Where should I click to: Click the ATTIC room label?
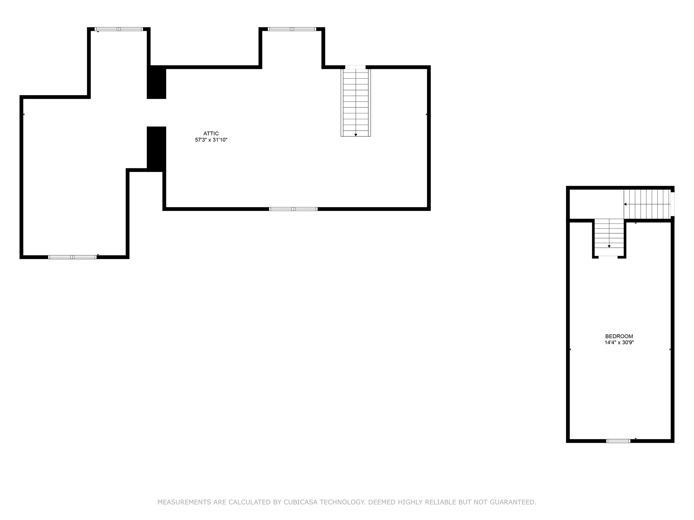tap(211, 133)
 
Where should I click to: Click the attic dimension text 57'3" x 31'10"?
tap(211, 140)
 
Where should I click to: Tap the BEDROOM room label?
tap(619, 336)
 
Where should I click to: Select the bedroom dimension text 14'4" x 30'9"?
tap(619, 342)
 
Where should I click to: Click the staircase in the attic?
tap(356, 103)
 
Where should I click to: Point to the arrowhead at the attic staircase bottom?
tap(356, 135)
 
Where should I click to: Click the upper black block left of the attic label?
tap(157, 82)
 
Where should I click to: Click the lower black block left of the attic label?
tap(157, 148)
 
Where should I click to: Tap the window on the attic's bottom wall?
tap(293, 209)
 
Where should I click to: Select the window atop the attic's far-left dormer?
tap(119, 29)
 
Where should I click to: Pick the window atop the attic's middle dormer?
tap(292, 29)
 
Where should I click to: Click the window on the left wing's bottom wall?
tap(73, 257)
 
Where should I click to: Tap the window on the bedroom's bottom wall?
tap(618, 441)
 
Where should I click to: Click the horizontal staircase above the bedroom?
tap(647, 204)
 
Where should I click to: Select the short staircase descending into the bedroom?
tap(609, 237)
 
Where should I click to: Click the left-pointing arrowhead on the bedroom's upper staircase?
tap(625, 204)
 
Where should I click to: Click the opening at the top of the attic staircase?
tap(355, 67)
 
